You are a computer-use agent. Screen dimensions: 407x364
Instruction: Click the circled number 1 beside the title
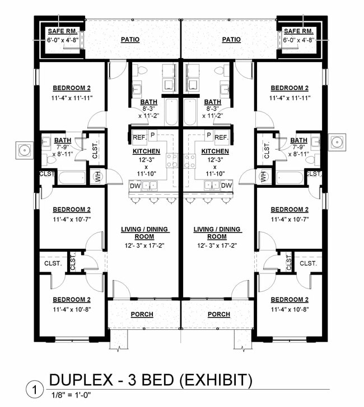tap(35, 388)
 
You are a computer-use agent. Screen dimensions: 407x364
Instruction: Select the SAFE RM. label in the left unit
tap(62, 31)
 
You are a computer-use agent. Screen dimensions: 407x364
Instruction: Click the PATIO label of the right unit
tap(231, 40)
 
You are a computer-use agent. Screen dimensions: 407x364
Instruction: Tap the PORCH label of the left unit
tap(142, 314)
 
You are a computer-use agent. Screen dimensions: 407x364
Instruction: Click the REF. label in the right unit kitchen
tap(220, 137)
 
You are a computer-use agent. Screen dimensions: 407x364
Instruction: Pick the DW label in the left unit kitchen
tap(135, 186)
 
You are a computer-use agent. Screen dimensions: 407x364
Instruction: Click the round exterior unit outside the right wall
tap(338, 141)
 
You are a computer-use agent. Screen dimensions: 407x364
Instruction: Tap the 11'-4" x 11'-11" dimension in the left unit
tap(72, 98)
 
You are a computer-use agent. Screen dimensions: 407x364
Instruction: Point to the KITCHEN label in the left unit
tap(146, 152)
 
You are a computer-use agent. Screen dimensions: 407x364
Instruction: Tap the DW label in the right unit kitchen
tap(226, 186)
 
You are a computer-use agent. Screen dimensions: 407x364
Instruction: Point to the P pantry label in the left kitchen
tap(152, 135)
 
